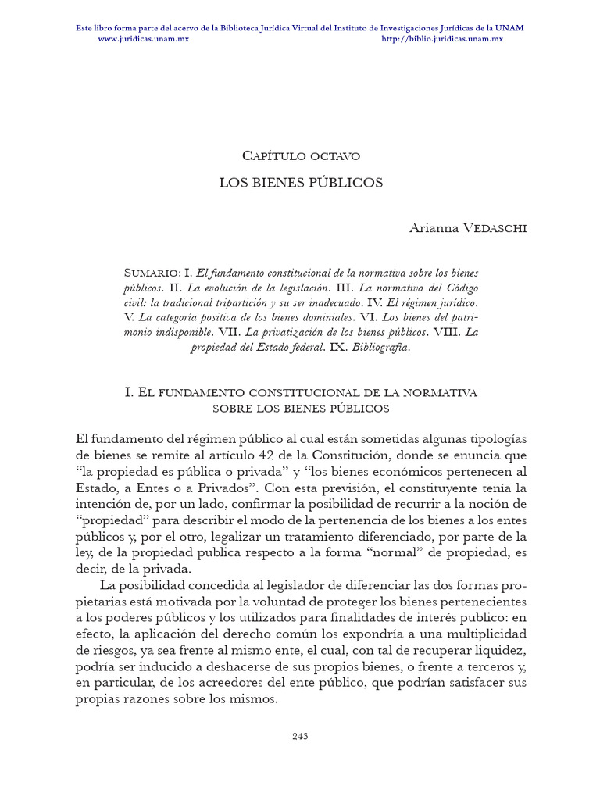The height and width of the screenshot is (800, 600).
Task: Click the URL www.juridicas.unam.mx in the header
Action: (143, 38)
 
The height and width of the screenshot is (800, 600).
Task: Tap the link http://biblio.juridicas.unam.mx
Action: (442, 38)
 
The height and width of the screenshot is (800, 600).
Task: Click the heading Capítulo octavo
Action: (300, 155)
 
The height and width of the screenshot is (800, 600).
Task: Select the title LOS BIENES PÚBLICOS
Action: (300, 183)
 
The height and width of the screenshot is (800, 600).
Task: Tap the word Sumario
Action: (152, 273)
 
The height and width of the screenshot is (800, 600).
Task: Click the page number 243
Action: (300, 735)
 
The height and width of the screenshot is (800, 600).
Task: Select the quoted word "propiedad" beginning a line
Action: (107, 520)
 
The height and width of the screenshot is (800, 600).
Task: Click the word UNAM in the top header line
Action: (512, 28)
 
